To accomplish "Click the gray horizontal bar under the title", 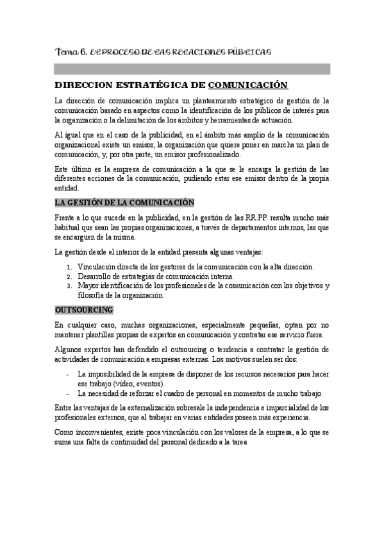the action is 192,69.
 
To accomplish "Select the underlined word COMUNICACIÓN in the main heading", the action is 248,85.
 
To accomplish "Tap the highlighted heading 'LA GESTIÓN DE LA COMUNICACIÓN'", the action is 124,203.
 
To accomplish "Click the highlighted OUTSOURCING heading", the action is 84,310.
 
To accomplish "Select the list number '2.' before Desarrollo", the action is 69,276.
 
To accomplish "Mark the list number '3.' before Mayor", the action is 69,286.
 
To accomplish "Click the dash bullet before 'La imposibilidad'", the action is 68,374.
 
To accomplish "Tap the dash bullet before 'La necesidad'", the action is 68,393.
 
